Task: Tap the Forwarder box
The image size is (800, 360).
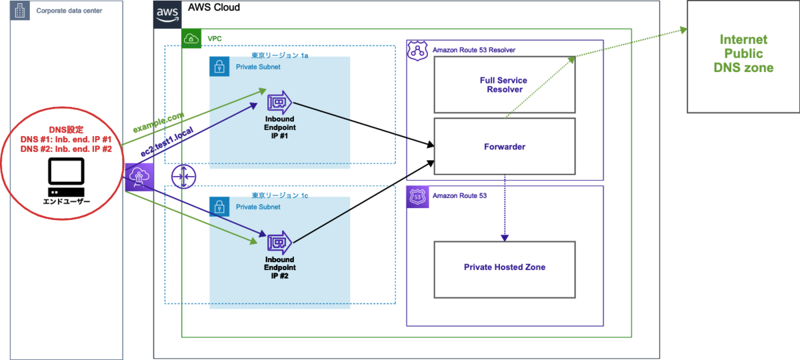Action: click(504, 147)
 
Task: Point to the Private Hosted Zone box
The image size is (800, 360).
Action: click(504, 267)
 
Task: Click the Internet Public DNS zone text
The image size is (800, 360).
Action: click(743, 54)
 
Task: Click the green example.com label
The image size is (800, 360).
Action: click(158, 123)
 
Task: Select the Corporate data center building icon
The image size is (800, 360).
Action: click(19, 10)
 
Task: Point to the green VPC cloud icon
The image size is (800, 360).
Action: click(191, 38)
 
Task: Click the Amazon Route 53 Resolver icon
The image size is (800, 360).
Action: click(417, 50)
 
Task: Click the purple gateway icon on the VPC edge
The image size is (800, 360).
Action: click(139, 177)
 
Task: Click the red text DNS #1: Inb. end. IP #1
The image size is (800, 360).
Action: click(65, 139)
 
